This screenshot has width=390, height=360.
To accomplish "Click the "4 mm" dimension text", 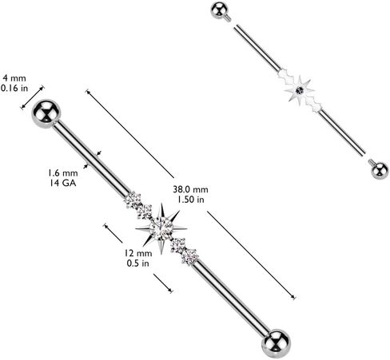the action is click(14, 78).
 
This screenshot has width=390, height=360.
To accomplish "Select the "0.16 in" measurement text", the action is click(14, 88).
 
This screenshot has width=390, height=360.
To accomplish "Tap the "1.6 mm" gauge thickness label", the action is click(63, 173).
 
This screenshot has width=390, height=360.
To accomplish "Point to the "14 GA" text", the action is click(63, 183).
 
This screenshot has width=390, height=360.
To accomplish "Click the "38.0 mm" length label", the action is click(190, 189).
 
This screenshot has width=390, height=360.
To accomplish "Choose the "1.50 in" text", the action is click(191, 199).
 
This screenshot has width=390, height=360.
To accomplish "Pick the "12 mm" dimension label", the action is click(138, 253).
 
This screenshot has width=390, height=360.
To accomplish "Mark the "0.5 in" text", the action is click(137, 263).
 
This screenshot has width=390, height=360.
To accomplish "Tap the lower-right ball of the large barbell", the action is click(276, 344).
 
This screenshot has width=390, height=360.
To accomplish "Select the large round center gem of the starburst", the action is click(161, 228).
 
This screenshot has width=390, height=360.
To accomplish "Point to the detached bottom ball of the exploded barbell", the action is click(380, 170).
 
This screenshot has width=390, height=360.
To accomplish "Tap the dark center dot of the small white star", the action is click(300, 91).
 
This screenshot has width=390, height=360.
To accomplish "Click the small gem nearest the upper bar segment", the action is click(133, 200).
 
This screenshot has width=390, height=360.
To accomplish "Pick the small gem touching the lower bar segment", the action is click(190, 256).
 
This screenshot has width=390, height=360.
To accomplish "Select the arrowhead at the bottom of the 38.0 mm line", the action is click(293, 297).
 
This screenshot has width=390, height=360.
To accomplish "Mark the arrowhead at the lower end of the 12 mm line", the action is click(170, 290).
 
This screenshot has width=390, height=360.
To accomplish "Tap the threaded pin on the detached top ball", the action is click(229, 18).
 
